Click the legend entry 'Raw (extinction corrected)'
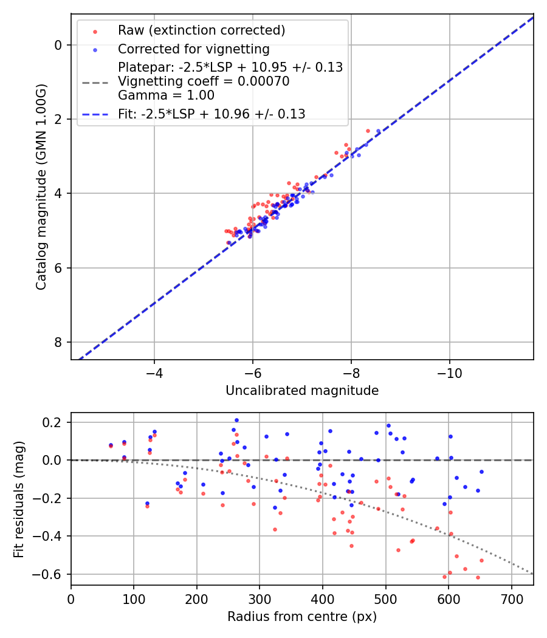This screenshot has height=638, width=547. tap(201, 30)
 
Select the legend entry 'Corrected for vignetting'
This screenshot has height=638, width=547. tap(193, 49)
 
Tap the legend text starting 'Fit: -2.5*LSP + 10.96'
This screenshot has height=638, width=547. tap(211, 114)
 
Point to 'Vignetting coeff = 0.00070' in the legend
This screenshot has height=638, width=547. tap(204, 81)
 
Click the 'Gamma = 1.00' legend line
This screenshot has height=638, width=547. tap(166, 95)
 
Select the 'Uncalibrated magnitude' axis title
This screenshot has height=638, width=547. tap(302, 391)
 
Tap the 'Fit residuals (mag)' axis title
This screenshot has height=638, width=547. tap(19, 499)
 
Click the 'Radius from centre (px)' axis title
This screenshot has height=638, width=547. tap(302, 617)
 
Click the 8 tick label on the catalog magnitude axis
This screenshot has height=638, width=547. tap(58, 342)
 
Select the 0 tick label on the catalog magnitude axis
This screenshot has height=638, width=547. tap(58, 45)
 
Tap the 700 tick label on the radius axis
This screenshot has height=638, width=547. tap(511, 597)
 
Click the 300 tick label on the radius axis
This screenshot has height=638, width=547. tap(260, 597)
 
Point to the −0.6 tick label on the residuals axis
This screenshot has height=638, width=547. tap(49, 574)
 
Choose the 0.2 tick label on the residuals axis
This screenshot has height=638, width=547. tap(53, 422)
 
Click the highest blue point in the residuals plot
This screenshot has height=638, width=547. tap(236, 420)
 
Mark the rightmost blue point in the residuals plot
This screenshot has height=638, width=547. tap(481, 472)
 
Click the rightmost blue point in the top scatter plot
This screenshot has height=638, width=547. tap(378, 131)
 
